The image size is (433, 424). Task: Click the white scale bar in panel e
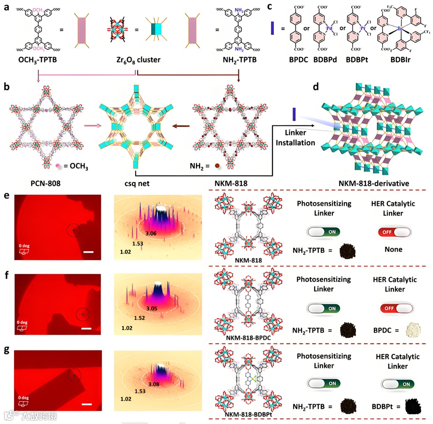pos(89,252)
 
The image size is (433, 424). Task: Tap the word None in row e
pos(393,250)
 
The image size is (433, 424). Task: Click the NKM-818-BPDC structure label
pos(243,337)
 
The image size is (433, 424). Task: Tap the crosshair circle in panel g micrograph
pos(74,375)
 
